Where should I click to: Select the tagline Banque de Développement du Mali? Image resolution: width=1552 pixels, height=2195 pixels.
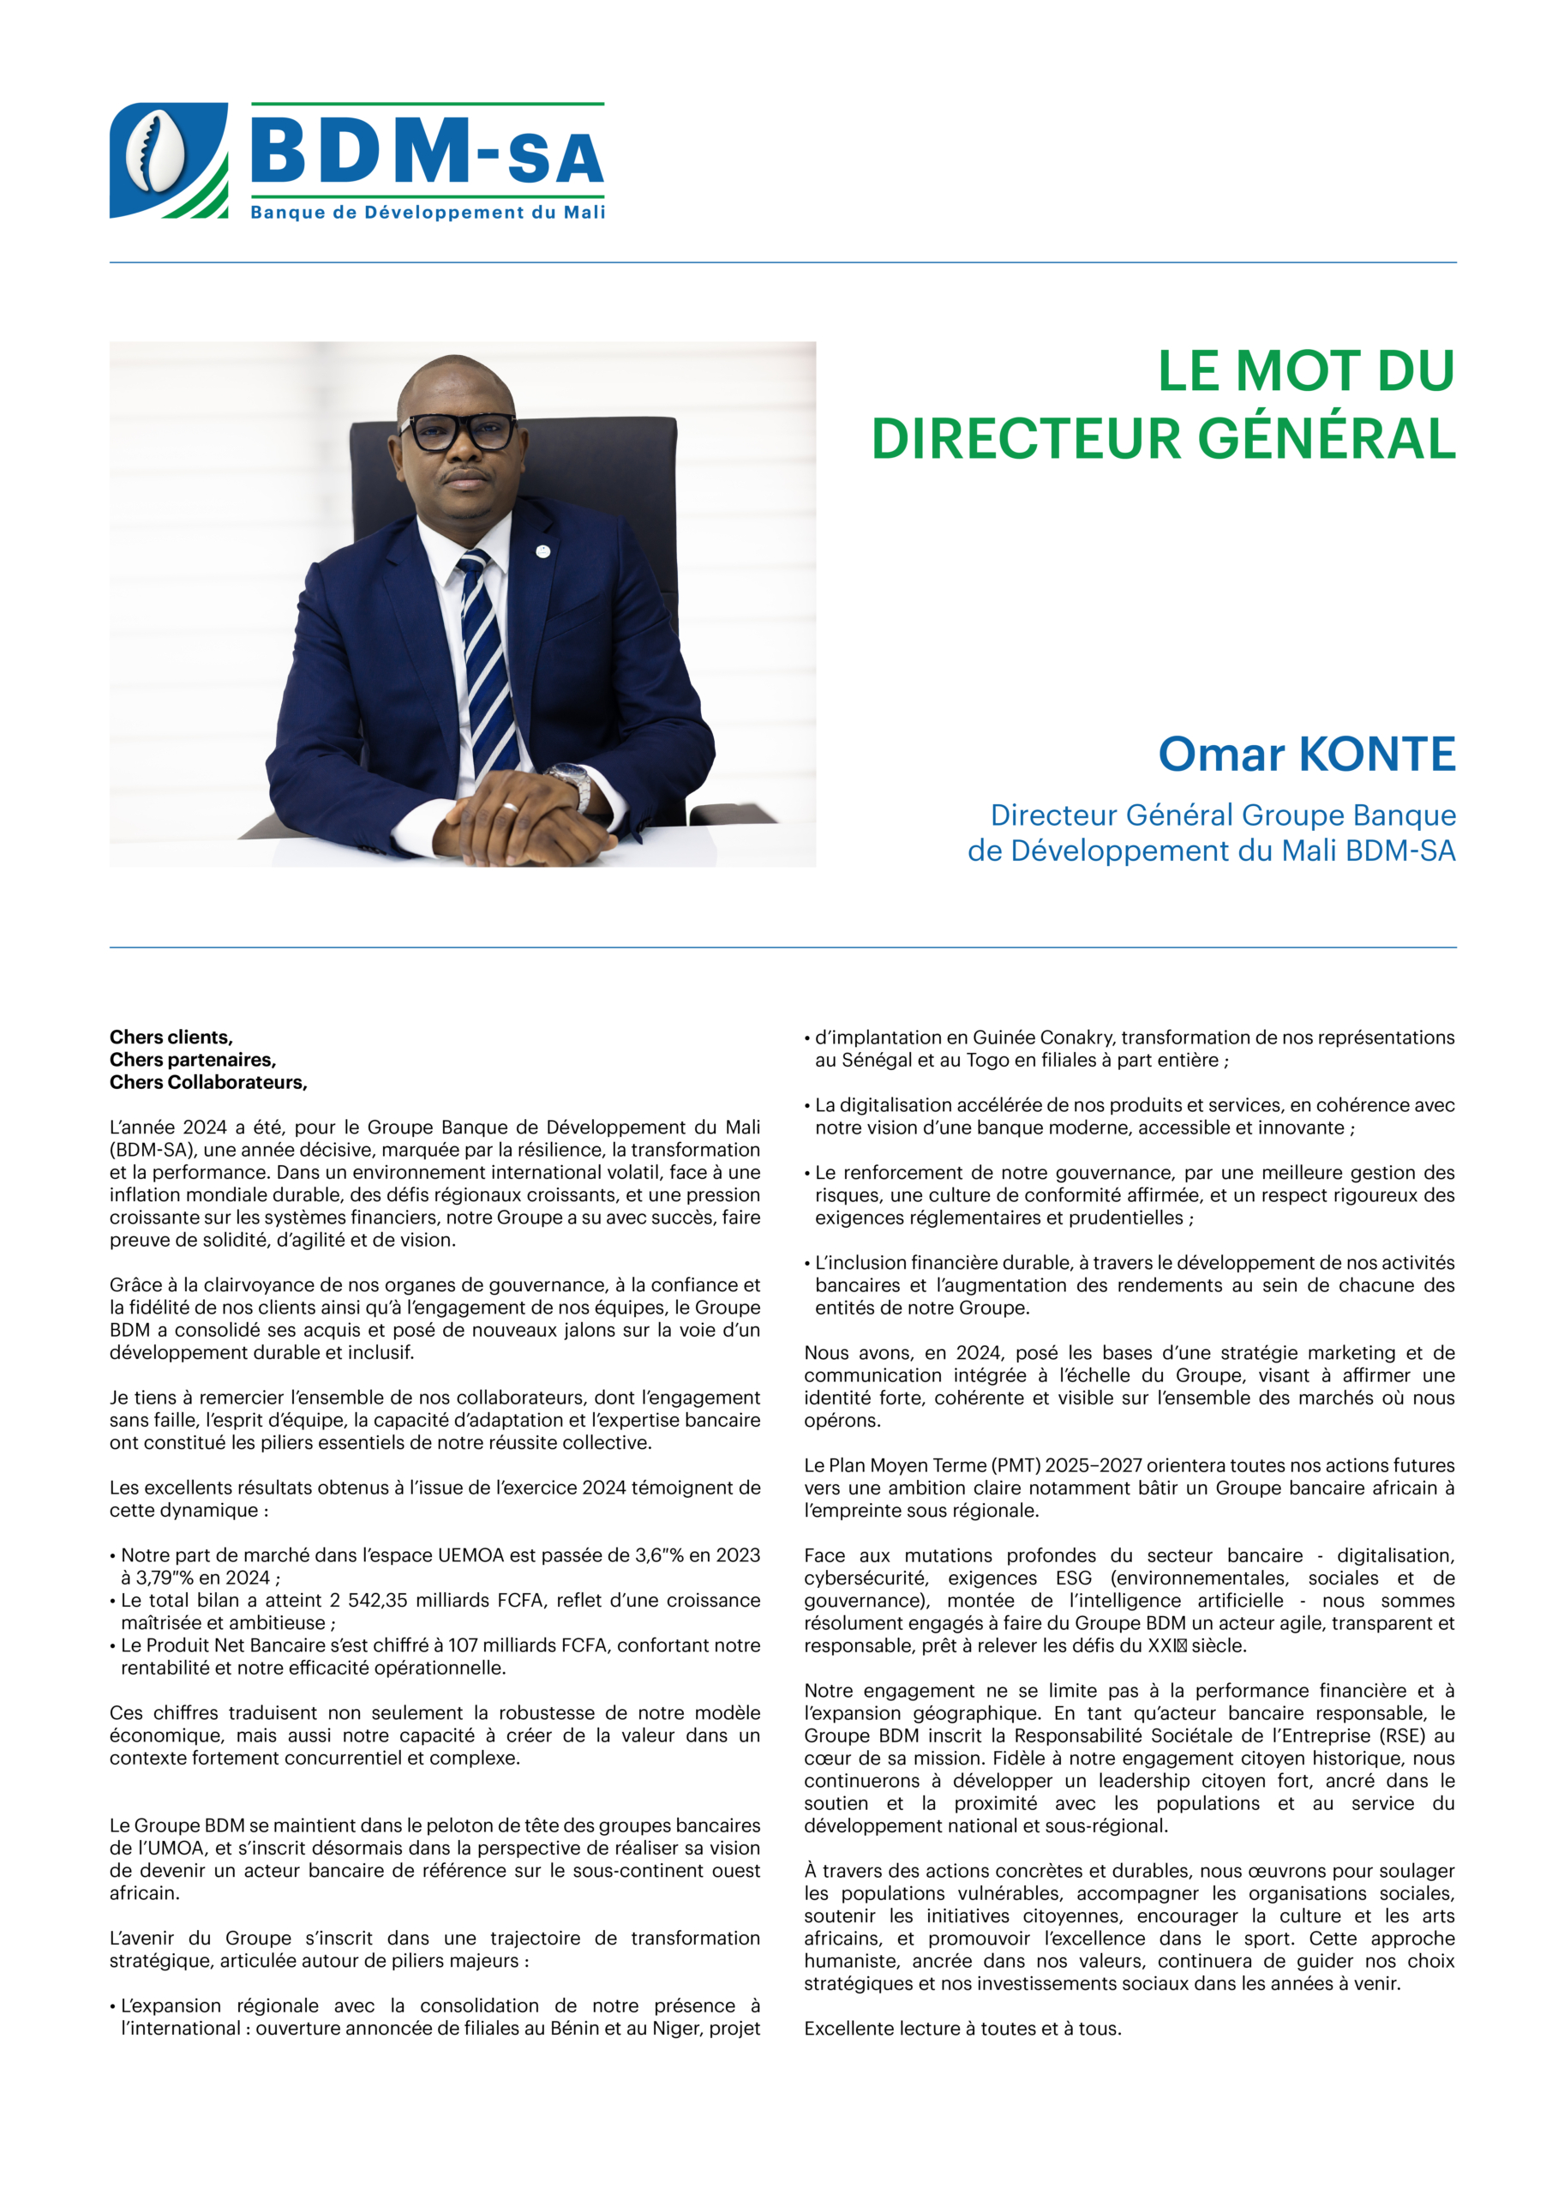(427, 213)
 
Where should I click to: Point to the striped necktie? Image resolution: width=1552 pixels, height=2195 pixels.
(488, 659)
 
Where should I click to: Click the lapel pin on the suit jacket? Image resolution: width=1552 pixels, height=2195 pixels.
(542, 550)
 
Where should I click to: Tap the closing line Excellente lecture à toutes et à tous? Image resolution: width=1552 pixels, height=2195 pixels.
(962, 2029)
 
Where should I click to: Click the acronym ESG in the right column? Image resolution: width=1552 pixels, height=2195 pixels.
(1073, 1579)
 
